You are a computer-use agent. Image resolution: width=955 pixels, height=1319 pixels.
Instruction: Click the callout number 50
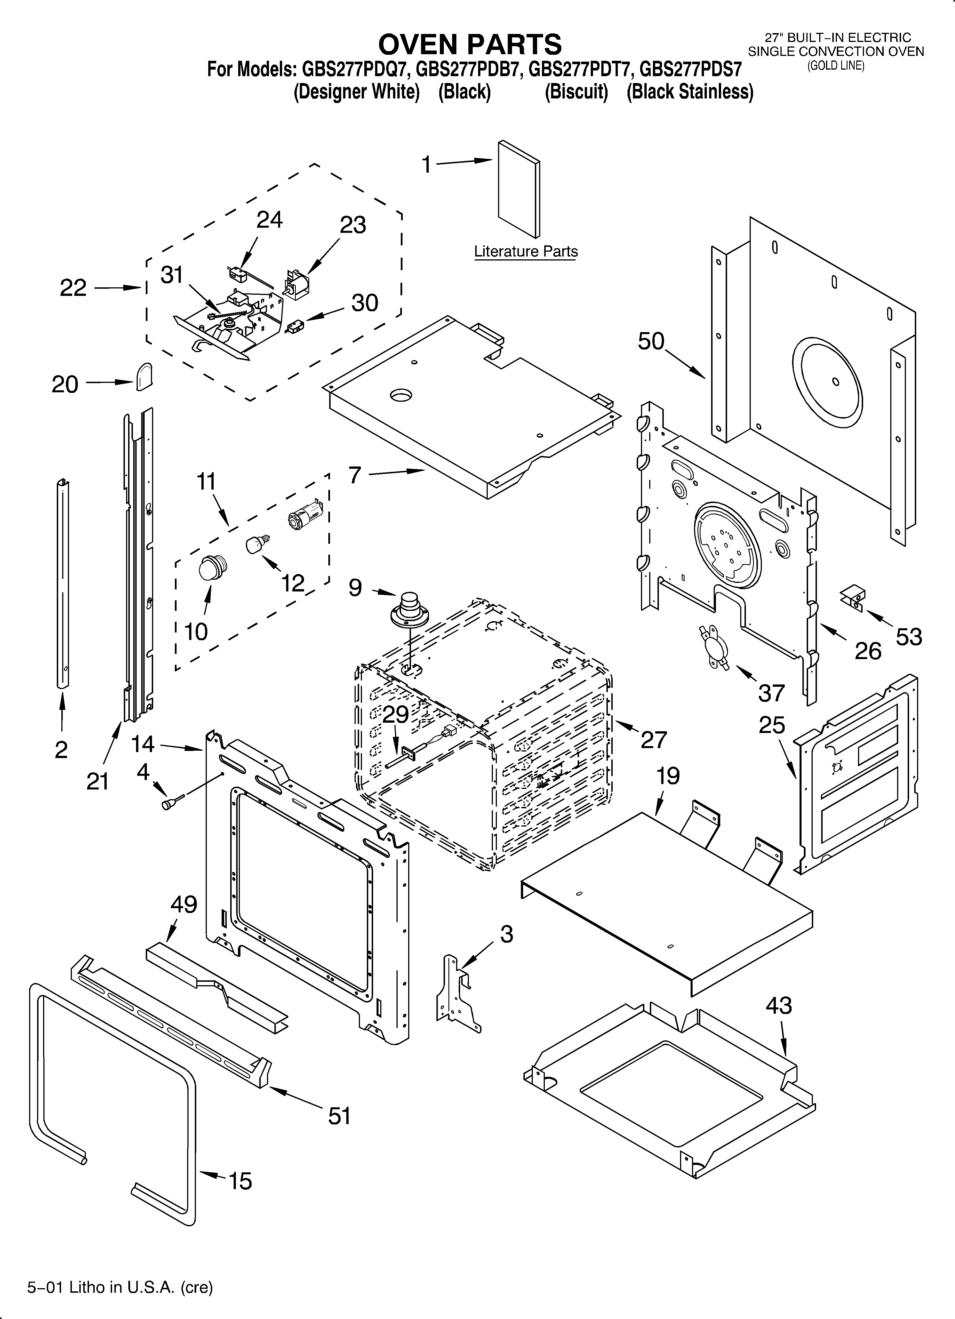click(651, 342)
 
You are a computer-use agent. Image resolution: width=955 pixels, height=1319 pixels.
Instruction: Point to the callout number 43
click(779, 1005)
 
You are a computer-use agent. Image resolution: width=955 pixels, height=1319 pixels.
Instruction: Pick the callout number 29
click(396, 714)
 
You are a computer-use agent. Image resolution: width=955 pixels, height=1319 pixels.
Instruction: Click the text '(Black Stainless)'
click(690, 92)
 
